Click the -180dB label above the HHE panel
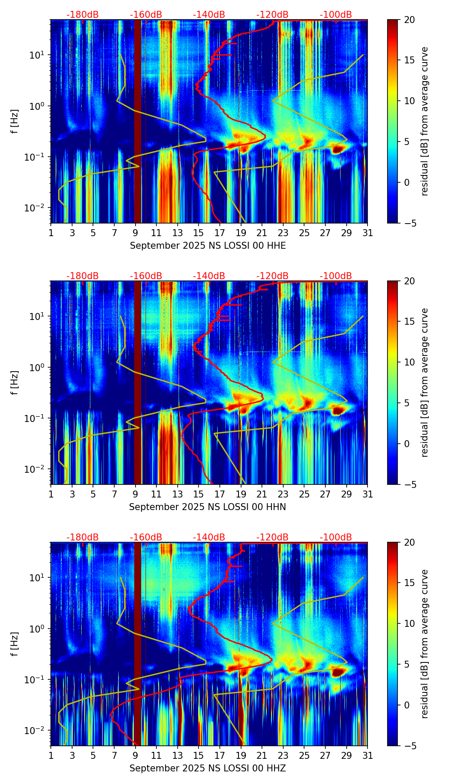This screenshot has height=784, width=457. click(x=83, y=15)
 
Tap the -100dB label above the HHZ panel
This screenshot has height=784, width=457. click(x=336, y=537)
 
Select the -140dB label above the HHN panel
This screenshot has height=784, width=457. click(x=209, y=276)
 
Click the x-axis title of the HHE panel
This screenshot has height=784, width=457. click(x=208, y=246)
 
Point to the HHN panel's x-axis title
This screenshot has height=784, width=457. click(x=207, y=507)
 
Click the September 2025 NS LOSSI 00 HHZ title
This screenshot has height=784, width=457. click(x=207, y=768)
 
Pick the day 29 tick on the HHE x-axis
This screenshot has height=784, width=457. click(x=347, y=233)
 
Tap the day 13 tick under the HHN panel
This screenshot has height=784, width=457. click(x=178, y=494)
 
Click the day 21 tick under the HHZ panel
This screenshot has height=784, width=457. click(x=262, y=755)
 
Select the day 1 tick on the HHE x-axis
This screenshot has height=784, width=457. click(x=51, y=233)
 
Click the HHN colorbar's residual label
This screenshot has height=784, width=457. click(x=424, y=382)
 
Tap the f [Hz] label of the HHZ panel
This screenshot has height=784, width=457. click(x=15, y=644)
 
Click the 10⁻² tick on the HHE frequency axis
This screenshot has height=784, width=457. click(x=35, y=208)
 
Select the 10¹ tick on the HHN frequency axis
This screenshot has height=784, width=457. click(x=36, y=316)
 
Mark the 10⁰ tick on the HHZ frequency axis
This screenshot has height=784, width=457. click(x=36, y=629)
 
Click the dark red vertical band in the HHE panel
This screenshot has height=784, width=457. click(x=138, y=122)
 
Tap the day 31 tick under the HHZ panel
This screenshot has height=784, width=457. click(x=368, y=755)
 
